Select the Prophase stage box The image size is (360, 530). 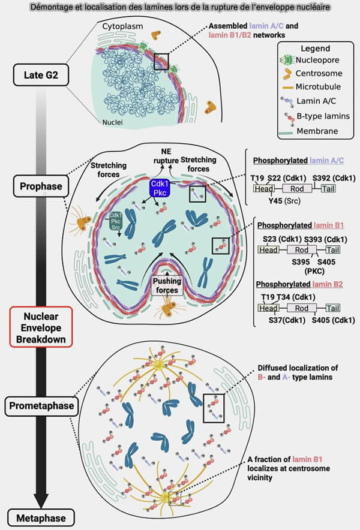pos(38,186)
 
